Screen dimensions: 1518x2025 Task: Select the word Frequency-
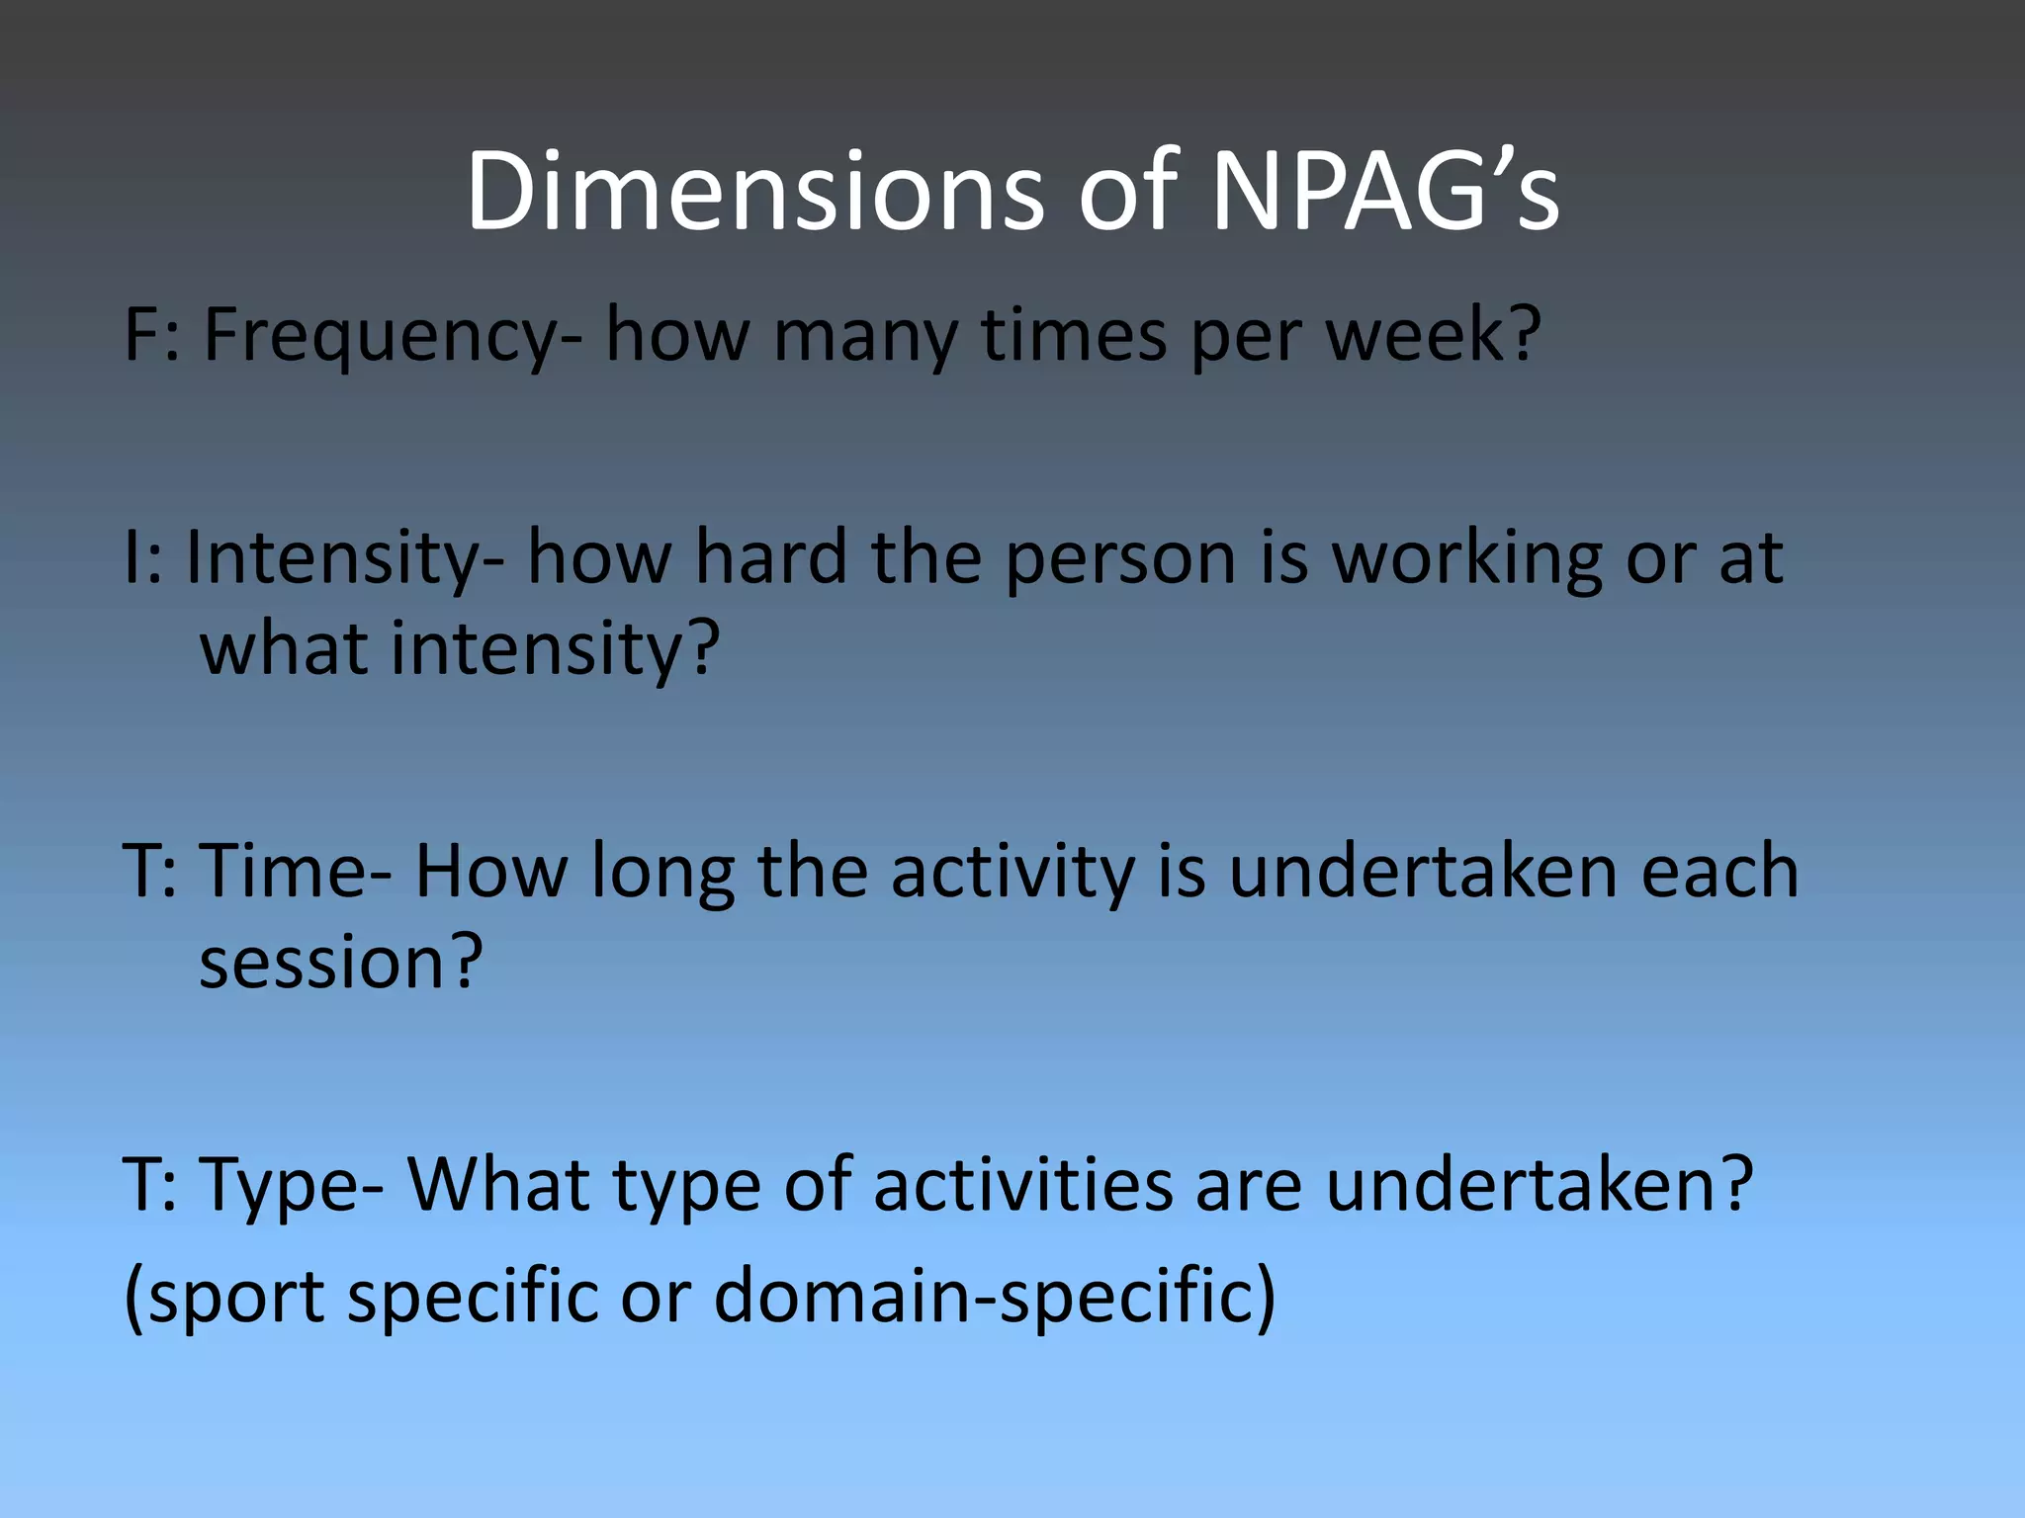tap(393, 336)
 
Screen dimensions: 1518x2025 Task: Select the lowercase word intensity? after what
tap(555, 649)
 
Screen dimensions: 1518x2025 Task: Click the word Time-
tap(296, 872)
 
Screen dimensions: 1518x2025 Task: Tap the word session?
tap(341, 963)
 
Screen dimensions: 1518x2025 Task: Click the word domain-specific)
tap(995, 1295)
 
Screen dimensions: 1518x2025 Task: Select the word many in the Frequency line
tap(865, 336)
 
